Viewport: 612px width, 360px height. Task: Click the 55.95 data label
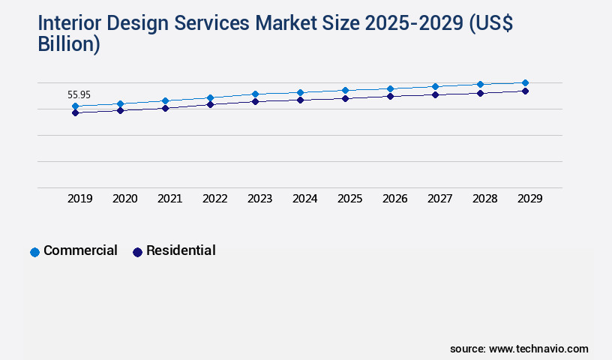coord(79,95)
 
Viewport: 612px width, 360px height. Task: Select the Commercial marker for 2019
coord(75,106)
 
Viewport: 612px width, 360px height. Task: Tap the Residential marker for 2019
coord(75,112)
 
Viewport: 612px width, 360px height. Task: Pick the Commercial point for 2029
coord(525,82)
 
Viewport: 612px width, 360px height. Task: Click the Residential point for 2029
coord(525,91)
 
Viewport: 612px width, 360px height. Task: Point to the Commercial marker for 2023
coord(255,94)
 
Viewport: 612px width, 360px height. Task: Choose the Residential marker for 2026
coord(390,96)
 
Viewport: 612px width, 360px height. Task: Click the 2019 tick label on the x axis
coord(80,199)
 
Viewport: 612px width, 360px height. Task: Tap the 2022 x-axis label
coord(215,199)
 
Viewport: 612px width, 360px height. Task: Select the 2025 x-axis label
coord(350,199)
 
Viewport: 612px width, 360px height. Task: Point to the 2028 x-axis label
coord(485,199)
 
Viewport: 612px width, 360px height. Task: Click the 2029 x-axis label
coord(530,199)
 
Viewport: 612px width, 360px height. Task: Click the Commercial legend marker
coord(34,252)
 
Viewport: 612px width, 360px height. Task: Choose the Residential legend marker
coord(137,252)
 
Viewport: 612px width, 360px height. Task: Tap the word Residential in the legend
coord(181,250)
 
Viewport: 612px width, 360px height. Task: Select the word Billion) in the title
coord(69,44)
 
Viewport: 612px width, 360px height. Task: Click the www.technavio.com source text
coord(538,349)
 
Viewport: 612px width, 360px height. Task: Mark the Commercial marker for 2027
coord(435,86)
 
